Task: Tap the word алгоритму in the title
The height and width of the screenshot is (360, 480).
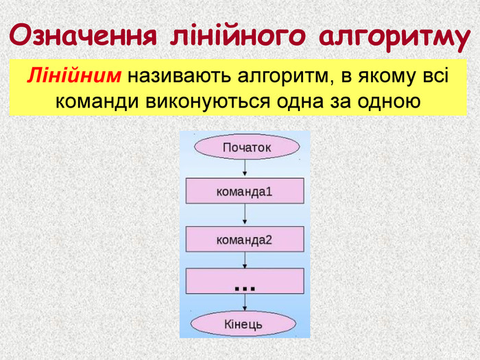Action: pos(394,37)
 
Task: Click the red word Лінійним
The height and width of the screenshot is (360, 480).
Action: pos(74,75)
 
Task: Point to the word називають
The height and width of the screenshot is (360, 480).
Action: pos(179,76)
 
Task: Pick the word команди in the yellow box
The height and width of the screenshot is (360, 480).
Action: pos(97,101)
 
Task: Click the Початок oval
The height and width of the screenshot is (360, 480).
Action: pos(247,147)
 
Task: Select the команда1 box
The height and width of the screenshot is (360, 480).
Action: pos(245,191)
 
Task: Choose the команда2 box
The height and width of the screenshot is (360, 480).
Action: pos(245,239)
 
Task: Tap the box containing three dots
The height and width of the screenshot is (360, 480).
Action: pos(245,281)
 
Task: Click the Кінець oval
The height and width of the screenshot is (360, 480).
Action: pos(243,324)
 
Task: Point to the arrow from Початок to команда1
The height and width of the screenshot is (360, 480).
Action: pos(245,168)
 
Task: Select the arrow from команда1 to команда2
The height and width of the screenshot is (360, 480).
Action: pos(245,214)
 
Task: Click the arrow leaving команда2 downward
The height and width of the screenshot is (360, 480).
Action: pos(245,260)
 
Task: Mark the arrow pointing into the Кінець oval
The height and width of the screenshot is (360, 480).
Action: pos(245,302)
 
